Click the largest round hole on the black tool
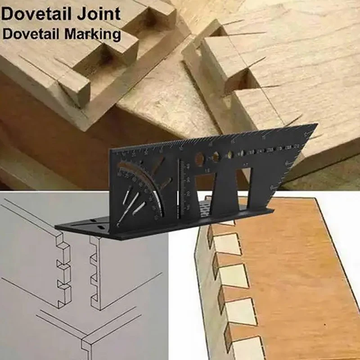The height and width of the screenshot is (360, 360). tap(199, 158)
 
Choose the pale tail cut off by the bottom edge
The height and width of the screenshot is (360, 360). tap(247, 349)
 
